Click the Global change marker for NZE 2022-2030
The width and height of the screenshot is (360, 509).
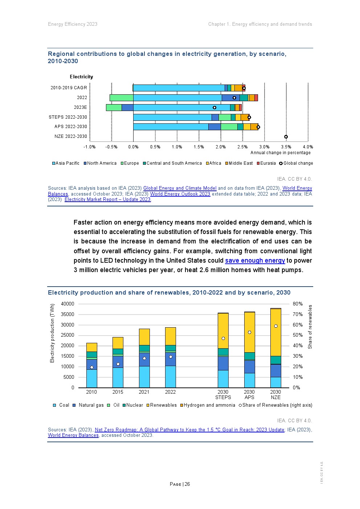(286, 137)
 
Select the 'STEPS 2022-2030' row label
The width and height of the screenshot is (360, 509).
(68, 117)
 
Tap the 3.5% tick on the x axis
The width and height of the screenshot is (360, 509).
(286, 147)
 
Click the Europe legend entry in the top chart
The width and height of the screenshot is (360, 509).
(130, 163)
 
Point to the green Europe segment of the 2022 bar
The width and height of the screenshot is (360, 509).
(121, 98)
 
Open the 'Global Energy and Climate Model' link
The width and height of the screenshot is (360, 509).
(180, 188)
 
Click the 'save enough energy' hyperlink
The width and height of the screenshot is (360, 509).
(255, 260)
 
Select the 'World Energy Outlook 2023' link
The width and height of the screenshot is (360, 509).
(180, 194)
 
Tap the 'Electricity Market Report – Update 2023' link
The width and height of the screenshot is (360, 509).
(107, 199)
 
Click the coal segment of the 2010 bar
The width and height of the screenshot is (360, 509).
(91, 378)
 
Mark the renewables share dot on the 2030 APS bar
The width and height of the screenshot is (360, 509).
(249, 332)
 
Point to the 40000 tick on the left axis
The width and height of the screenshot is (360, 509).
(67, 304)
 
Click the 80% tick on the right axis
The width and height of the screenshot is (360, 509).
(298, 304)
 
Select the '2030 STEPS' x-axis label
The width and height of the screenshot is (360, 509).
(223, 394)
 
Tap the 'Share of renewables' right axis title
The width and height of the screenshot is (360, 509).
(310, 327)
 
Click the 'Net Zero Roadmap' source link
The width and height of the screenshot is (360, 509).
(189, 430)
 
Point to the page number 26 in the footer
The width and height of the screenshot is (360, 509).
(187, 484)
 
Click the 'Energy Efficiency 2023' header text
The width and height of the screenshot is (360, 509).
(73, 24)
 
